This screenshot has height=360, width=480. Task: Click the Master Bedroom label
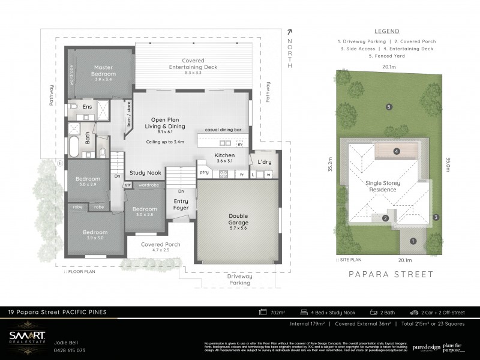pos(104,70)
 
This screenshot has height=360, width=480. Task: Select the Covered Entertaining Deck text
pos(193,64)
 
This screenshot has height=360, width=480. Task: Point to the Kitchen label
pos(225,155)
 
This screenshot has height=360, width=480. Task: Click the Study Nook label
pos(146,173)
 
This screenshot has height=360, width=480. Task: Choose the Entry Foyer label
pos(181,205)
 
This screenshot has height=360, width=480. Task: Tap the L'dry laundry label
pos(265,162)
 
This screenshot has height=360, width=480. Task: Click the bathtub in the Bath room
pos(74,146)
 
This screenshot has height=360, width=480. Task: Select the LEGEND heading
pos(386,31)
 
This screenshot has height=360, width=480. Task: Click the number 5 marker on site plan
pos(389,107)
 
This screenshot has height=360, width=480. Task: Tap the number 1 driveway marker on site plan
pos(412,241)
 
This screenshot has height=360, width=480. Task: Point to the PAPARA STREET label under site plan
pos(391,274)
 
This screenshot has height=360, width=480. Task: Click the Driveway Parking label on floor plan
pos(239,279)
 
